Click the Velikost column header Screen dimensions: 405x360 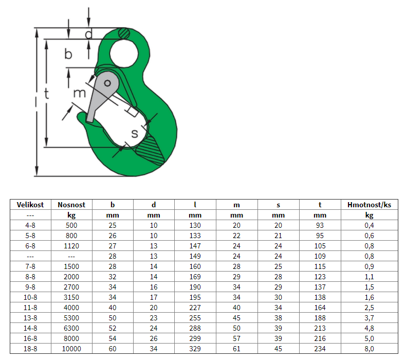[30, 205]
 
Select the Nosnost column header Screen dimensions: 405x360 [71, 205]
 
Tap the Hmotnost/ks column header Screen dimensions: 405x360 [369, 205]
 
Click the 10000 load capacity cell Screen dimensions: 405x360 [71, 349]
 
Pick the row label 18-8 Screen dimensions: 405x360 [30, 349]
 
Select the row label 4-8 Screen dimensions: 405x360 [30, 225]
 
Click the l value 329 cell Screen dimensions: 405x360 [195, 349]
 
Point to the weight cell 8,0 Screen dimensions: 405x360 [369, 349]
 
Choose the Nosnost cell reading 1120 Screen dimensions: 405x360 [71, 246]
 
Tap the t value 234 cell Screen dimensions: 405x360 [320, 349]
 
